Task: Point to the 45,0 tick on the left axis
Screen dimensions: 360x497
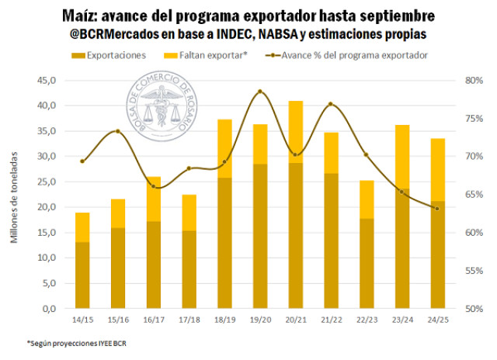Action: [46, 80]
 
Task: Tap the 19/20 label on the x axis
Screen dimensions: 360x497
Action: [260, 319]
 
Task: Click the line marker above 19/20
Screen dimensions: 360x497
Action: [260, 92]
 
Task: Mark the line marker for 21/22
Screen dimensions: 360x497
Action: [331, 104]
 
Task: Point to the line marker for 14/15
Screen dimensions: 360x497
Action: [82, 161]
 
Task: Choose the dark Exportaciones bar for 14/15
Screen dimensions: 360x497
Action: [82, 275]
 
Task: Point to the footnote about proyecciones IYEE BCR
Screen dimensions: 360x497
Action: [67, 342]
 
